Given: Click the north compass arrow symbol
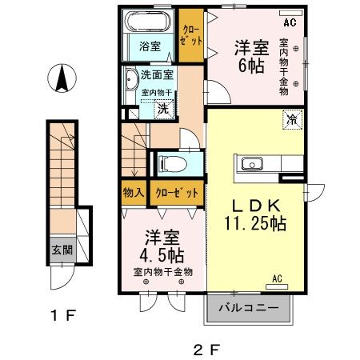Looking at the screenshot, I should [62, 79].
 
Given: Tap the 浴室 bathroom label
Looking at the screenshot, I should [151, 46].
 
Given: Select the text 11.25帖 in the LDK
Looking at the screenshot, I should [255, 225].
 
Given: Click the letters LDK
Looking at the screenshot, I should [255, 205].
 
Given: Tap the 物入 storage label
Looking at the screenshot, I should [133, 193].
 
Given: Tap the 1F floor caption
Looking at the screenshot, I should [62, 316].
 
